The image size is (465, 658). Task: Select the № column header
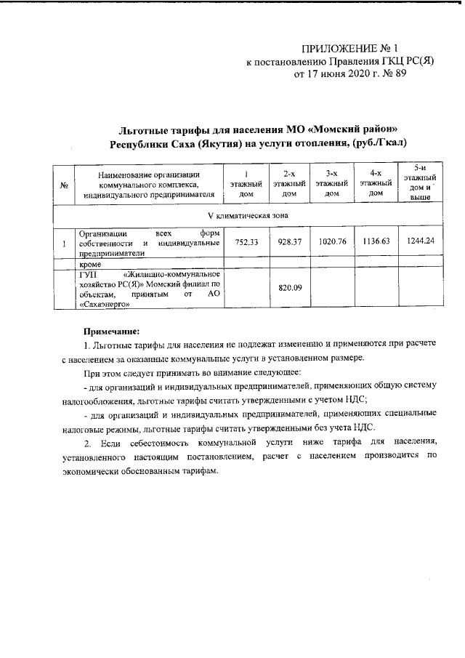tap(64, 186)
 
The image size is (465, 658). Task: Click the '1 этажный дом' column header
tap(246, 185)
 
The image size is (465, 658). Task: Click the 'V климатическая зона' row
tap(243, 217)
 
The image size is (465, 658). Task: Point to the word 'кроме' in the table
tap(91, 266)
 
